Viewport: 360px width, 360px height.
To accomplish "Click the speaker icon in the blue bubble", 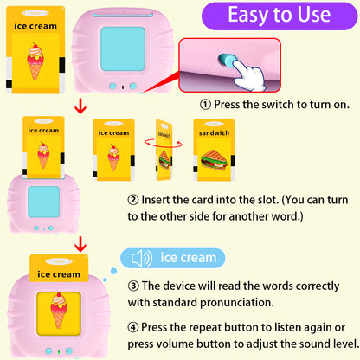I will (140, 257).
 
